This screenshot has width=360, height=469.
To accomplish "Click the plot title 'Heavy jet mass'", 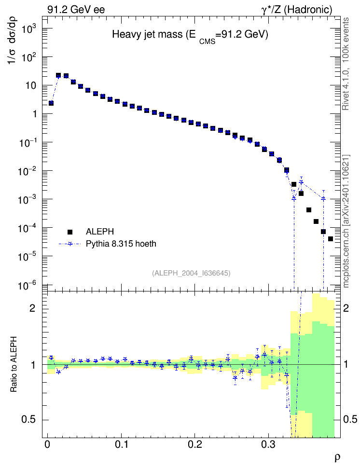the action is click(147, 34).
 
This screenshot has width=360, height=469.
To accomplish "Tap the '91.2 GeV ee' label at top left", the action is click(76, 10).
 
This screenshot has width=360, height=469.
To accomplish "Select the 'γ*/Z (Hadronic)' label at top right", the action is click(297, 10).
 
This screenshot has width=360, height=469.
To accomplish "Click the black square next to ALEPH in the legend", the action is click(70, 232).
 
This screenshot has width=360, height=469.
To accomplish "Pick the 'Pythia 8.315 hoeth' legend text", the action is click(121, 244).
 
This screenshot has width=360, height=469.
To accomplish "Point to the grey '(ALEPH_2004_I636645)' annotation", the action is click(191, 273).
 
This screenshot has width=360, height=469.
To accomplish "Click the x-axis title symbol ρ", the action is click(337, 457).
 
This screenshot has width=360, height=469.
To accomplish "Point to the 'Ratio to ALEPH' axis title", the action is click(14, 364).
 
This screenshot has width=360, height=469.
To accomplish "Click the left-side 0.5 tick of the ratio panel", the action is click(28, 420).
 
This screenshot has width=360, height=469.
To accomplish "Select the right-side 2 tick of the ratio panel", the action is click(346, 308).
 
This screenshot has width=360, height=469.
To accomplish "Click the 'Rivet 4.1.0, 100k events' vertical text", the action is click(346, 64).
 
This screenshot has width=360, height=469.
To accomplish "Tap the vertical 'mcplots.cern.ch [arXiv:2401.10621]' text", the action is click(346, 221).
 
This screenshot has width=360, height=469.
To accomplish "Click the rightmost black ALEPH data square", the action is click(331, 239).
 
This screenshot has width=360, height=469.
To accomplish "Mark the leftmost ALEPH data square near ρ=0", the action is click(51, 103).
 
